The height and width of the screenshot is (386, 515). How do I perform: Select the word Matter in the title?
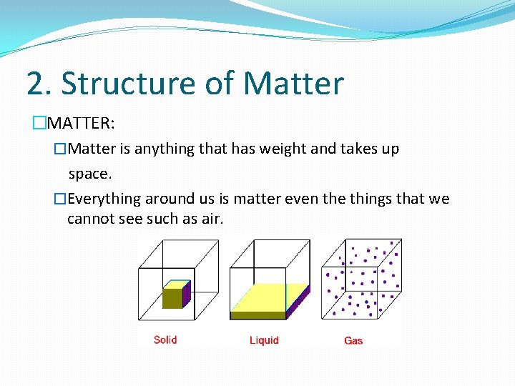[293, 84]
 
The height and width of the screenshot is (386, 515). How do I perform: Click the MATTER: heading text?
[79, 124]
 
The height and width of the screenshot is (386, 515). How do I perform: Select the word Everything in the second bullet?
[105, 199]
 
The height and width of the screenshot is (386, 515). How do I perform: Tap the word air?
[212, 219]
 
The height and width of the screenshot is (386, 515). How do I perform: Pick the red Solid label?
[165, 340]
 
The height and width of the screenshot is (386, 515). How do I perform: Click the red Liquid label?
[264, 340]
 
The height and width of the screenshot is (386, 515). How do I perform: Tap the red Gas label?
[353, 341]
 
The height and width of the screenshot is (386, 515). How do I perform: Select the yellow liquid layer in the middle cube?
[265, 299]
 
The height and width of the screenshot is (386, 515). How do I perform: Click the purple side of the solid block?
[187, 292]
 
